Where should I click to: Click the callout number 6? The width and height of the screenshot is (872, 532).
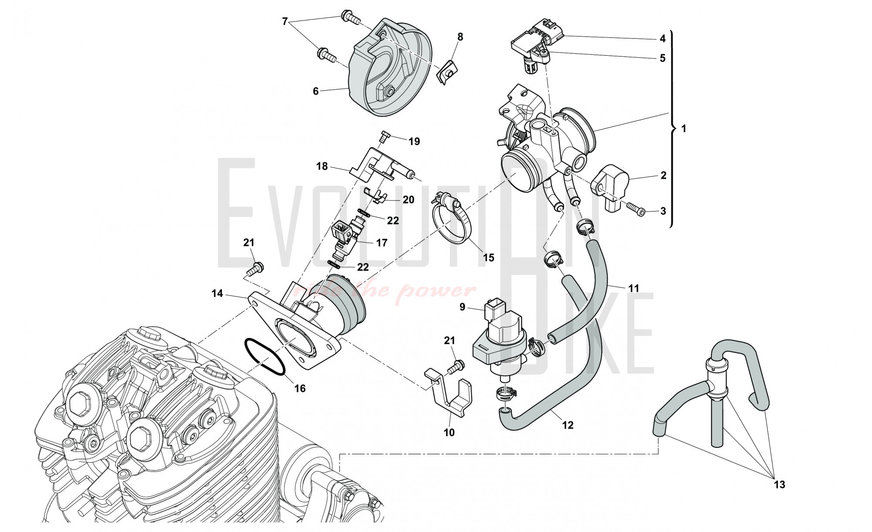coord(316,91)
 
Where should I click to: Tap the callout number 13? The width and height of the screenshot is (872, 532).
coord(780,484)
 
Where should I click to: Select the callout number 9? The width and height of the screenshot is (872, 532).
coord(463,307)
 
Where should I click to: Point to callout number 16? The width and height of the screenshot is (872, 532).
coord(300,388)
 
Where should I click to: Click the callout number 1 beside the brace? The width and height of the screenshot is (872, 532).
coord(684,129)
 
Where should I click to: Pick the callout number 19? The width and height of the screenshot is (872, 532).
coord(414,141)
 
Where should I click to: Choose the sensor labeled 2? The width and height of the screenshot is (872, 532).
coord(610,185)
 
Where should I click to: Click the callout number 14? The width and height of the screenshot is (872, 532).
coord(217,293)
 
